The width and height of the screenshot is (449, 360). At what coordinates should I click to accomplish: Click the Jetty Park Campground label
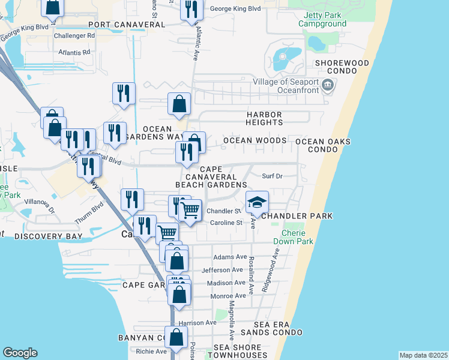point(325,19)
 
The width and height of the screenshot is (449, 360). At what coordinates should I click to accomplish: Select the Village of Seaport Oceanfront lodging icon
point(328,85)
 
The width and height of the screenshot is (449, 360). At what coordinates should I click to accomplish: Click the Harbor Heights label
point(264,118)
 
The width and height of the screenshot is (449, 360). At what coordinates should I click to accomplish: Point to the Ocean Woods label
point(255,140)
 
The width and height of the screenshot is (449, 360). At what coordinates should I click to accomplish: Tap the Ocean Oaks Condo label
point(323,145)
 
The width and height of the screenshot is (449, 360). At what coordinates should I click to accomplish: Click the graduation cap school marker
point(257,203)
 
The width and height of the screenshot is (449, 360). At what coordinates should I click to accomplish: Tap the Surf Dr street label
point(272,176)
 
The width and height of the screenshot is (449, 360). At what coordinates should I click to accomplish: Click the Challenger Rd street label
point(74,36)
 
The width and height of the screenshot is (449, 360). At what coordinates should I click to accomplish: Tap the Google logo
point(20,353)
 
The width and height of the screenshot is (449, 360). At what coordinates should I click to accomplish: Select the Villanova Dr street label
point(40,211)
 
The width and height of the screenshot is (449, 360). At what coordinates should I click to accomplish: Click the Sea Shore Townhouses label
point(238,352)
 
